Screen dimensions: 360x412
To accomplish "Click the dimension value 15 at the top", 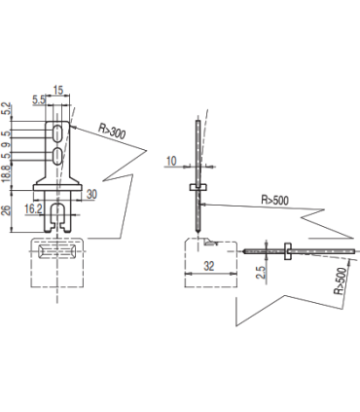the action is tap(58, 90).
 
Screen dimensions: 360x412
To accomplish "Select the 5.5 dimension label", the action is tap(39, 99).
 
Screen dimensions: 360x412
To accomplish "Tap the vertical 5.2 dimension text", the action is tap(6, 109).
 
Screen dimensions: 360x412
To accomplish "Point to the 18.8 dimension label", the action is tap(6, 172).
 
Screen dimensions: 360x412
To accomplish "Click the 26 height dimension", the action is tap(6, 209).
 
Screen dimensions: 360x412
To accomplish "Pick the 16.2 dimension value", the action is tap(33, 208).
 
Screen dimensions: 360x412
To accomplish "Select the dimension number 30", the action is tap(91, 194).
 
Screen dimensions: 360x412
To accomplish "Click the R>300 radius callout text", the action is tap(112, 131).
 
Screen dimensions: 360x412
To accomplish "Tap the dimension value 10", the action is tap(171, 161).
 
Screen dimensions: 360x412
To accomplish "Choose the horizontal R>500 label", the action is tap(274, 200).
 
